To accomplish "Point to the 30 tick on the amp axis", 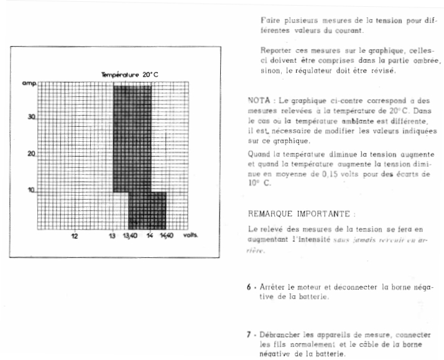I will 31,117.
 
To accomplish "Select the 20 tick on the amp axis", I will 31,154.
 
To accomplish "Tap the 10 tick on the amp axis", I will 31,190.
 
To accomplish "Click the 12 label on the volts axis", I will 75,237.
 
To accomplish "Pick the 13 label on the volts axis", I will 113,237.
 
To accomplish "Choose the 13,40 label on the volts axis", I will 131,237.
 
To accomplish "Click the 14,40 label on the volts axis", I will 167,237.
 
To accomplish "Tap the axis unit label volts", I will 190,237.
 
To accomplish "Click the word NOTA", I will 258,100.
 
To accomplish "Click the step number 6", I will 248,287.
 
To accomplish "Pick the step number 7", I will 248,334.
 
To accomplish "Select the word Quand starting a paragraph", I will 259,154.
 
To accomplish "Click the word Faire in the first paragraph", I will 270,20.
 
